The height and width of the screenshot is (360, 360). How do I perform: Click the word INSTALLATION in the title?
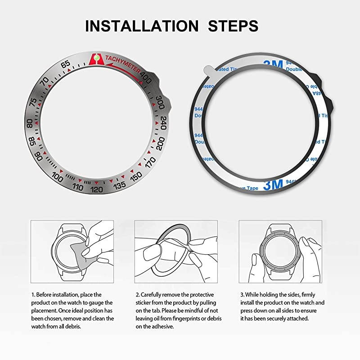pyautogui.click(x=142, y=26)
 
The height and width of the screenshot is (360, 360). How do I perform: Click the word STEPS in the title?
pyautogui.click(x=233, y=26)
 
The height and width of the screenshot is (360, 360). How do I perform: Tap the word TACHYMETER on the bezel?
pyautogui.click(x=122, y=64)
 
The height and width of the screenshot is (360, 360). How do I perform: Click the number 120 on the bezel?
pyautogui.click(x=97, y=189)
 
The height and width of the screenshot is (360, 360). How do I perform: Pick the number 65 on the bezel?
pyautogui.click(x=66, y=64)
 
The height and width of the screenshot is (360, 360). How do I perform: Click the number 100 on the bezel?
pyautogui.click(x=57, y=177)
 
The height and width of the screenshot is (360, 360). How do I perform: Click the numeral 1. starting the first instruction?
pyautogui.click(x=33, y=294)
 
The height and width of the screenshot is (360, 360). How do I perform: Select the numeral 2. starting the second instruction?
pyautogui.click(x=137, y=294)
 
